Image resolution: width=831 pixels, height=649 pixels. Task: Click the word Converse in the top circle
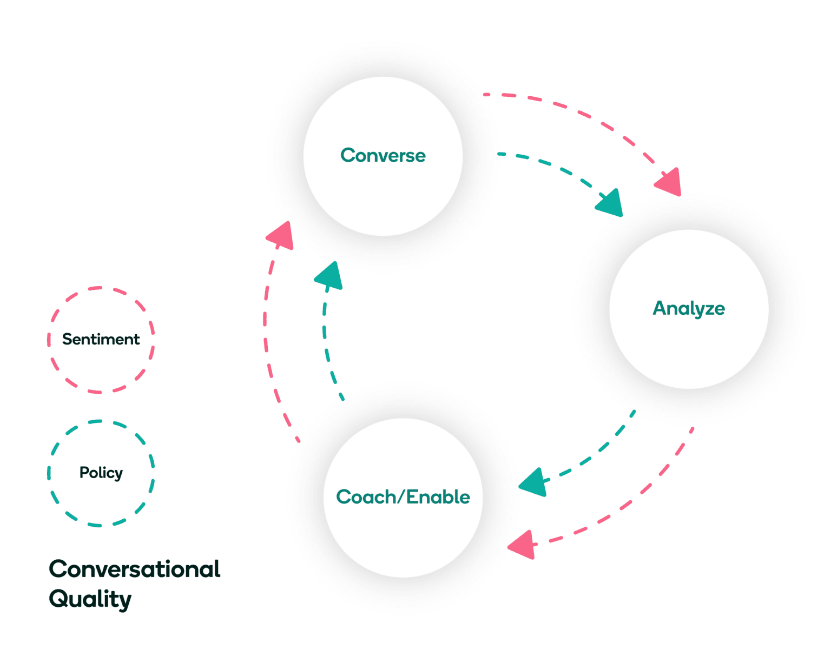point(382,156)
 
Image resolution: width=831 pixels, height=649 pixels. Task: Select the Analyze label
point(688,308)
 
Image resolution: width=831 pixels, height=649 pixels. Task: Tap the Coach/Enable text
point(403,497)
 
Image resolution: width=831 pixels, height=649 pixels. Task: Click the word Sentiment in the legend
point(101,340)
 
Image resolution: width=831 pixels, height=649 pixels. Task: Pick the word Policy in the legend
point(101,473)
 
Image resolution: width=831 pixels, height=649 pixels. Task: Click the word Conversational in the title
point(134,569)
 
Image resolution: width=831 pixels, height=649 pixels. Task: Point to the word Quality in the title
point(90,599)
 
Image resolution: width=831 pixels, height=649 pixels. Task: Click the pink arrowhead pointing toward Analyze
point(669,183)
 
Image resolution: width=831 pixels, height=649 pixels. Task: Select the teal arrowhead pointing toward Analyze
point(611,204)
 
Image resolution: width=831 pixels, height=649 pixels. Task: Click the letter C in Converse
point(347,156)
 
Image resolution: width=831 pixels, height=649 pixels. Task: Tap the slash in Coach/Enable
point(401,497)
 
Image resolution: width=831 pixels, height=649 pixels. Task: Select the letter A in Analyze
point(660,308)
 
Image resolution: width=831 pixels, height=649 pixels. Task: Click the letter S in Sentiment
point(67,340)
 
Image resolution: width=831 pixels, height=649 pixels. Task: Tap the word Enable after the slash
point(438,497)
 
